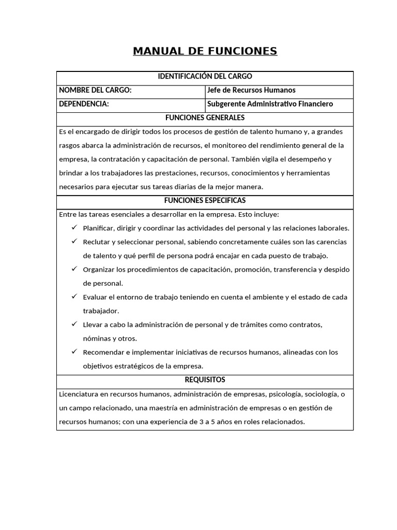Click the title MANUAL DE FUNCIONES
pyautogui.click(x=205, y=51)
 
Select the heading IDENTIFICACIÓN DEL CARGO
pyautogui.click(x=205, y=77)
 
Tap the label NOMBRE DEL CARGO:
pyautogui.click(x=95, y=90)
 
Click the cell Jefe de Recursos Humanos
pyautogui.click(x=251, y=90)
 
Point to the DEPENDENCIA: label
pyautogui.click(x=84, y=104)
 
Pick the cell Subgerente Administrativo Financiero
pyautogui.click(x=270, y=104)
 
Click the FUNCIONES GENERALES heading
pyautogui.click(x=205, y=118)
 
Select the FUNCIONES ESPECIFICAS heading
pyautogui.click(x=205, y=200)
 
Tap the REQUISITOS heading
pyautogui.click(x=205, y=380)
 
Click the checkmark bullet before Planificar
pyautogui.click(x=74, y=228)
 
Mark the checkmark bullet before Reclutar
pyautogui.click(x=74, y=242)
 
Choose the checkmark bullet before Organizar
pyautogui.click(x=74, y=269)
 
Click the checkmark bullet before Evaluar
pyautogui.click(x=74, y=297)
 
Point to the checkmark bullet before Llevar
pyautogui.click(x=74, y=325)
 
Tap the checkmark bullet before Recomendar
pyautogui.click(x=74, y=352)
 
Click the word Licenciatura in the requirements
pyautogui.click(x=79, y=394)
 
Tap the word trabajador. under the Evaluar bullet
pyautogui.click(x=101, y=311)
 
